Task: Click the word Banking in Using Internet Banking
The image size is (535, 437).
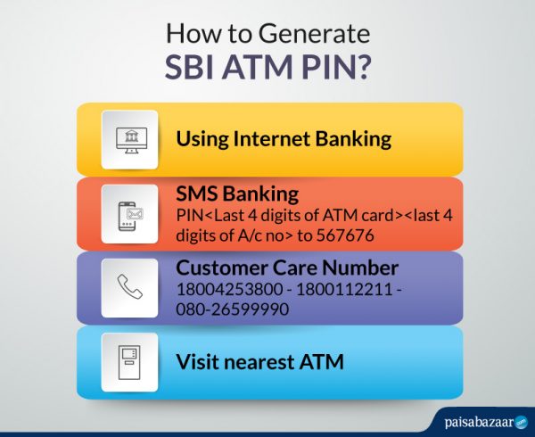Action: coord(352,139)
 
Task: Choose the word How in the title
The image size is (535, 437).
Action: coord(188,37)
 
